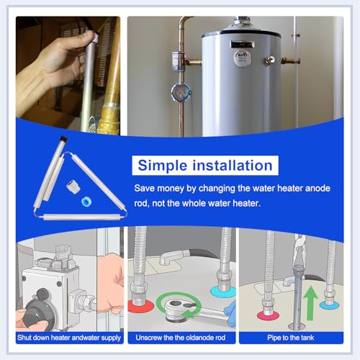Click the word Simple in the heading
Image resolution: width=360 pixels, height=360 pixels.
click(163, 166)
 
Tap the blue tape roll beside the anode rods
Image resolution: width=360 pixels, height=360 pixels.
click(86, 202)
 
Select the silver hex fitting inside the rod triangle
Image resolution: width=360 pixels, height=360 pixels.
click(71, 186)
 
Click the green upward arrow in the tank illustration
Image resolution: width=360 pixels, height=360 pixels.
click(310, 303)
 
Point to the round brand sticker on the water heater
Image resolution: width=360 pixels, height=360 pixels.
click(242, 58)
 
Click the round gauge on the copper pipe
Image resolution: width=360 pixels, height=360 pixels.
click(181, 92)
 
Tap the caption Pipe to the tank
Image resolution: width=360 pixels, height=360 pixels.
click(291, 338)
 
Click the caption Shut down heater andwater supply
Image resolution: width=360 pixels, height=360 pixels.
click(69, 338)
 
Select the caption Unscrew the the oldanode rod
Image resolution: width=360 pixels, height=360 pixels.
click(181, 338)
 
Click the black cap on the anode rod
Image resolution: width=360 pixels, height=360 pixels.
click(63, 140)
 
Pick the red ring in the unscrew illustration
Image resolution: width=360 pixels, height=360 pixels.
click(140, 306)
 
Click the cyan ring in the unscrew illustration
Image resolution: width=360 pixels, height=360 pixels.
click(223, 292)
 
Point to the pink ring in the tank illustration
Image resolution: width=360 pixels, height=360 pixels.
click(268, 315)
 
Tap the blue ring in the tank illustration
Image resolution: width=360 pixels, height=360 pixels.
click(329, 305)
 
